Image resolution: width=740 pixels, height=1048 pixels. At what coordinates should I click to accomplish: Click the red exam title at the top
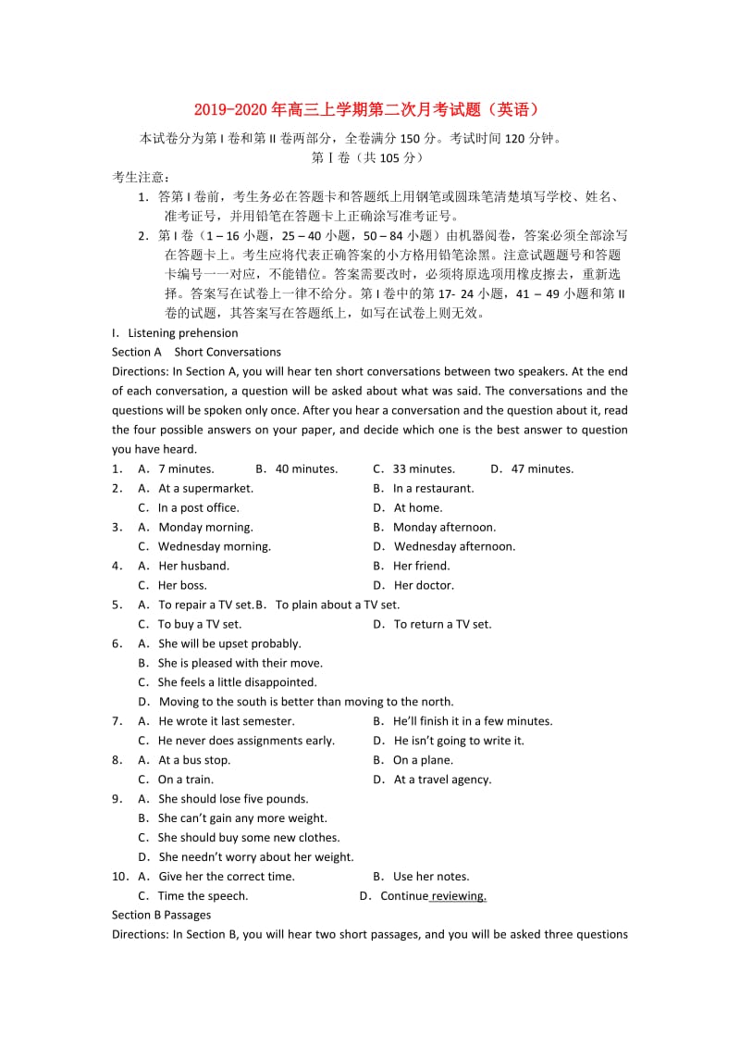369,109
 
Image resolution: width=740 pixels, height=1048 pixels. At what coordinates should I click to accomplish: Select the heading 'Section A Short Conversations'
196,352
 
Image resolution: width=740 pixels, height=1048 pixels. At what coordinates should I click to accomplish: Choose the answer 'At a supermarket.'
205,488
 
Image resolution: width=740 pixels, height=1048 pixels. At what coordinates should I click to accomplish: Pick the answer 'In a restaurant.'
433,488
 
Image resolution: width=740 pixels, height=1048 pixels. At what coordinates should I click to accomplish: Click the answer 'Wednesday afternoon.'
454,546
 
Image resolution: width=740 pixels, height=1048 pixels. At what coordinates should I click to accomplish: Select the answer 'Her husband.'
193,566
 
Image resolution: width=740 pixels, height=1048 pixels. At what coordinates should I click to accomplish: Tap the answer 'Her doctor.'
424,585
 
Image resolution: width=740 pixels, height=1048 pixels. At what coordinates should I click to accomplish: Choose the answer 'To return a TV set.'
442,624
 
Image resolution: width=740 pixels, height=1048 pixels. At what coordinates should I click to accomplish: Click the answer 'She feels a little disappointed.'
224,682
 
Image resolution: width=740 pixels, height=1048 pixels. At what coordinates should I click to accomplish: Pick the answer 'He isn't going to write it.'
459,741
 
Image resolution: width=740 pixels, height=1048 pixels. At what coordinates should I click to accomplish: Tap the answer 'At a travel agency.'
442,780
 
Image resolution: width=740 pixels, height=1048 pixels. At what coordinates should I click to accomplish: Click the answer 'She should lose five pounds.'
233,799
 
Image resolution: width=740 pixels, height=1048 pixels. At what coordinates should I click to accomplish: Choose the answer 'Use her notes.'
431,877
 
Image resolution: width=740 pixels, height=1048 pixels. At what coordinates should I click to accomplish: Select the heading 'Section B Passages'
161,915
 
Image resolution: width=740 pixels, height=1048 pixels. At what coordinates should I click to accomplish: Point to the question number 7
117,721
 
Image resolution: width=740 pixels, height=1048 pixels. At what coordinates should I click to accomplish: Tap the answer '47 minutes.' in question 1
542,468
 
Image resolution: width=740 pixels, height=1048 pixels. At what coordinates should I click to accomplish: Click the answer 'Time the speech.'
203,896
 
